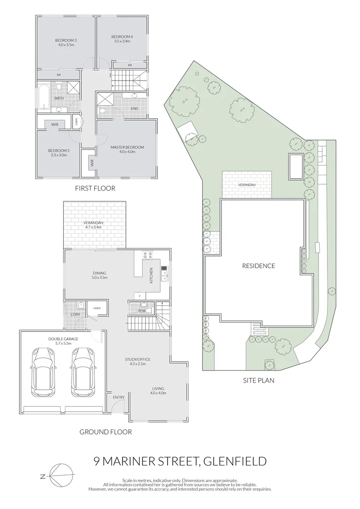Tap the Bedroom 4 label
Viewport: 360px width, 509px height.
coord(122,37)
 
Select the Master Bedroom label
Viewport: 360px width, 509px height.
coord(127,148)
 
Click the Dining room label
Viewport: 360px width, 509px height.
coord(99,273)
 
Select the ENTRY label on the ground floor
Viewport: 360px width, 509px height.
coord(118,397)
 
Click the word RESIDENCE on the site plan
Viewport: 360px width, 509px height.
coord(258,266)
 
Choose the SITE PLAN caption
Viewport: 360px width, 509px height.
coord(258,380)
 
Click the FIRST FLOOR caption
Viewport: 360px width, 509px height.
coord(95,188)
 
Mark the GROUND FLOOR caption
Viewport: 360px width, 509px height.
coord(106,432)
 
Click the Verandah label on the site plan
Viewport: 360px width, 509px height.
coord(246,185)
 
